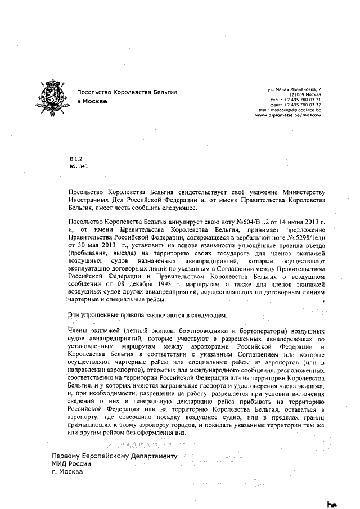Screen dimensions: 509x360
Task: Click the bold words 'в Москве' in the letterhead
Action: [91, 102]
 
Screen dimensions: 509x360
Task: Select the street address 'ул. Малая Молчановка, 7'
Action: [294, 89]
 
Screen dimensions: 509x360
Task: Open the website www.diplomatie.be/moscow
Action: [288, 115]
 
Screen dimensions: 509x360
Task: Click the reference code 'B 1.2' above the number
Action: [74, 160]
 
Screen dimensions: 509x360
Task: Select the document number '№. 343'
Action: [78, 166]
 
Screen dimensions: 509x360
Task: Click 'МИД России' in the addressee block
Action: [70, 464]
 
